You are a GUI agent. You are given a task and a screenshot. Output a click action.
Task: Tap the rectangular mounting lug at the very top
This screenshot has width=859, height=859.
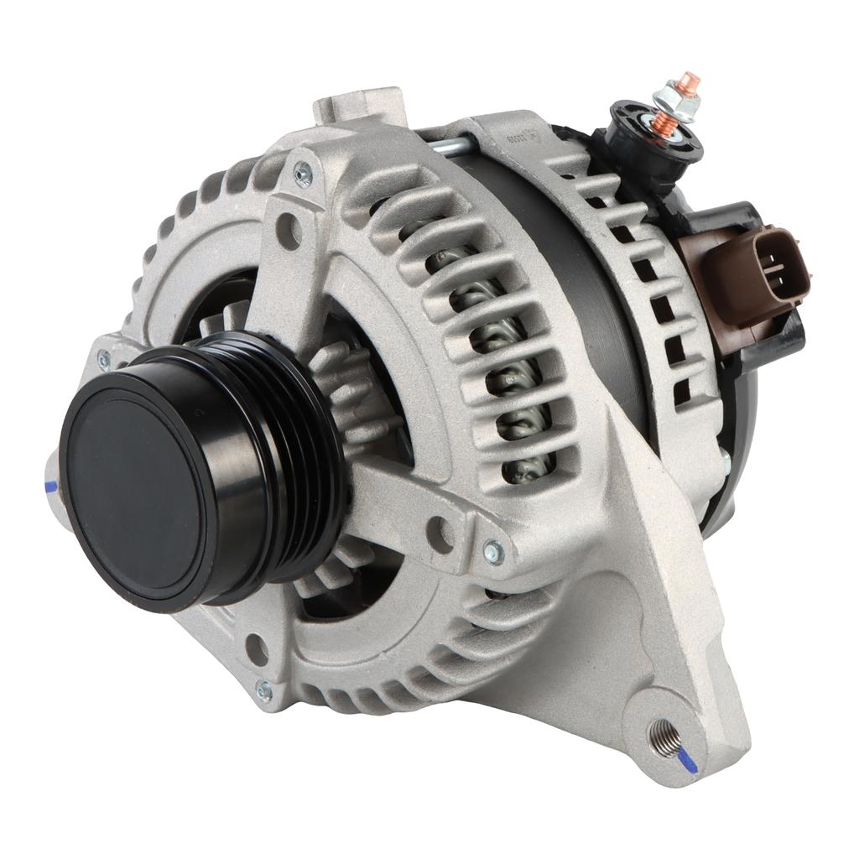click(361, 105)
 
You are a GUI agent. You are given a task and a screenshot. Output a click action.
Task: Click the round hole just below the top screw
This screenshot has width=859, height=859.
click(289, 229)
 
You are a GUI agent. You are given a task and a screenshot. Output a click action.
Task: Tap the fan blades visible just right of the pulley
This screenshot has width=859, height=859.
click(352, 394)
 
